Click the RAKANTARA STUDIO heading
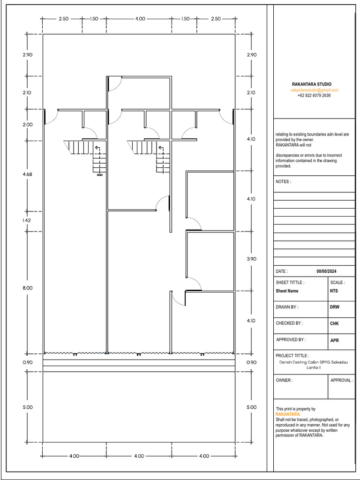(x=314, y=84)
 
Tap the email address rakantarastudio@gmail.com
(x=314, y=90)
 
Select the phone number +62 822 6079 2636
(x=314, y=95)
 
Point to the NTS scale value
(x=335, y=291)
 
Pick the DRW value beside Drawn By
(x=335, y=307)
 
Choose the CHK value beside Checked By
(x=335, y=324)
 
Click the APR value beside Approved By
(x=335, y=340)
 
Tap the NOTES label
(x=283, y=181)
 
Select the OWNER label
(x=284, y=381)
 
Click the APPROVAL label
(x=341, y=381)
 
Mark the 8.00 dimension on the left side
(x=27, y=288)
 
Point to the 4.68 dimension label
(x=27, y=174)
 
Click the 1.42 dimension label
(x=27, y=220)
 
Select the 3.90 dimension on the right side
(x=251, y=259)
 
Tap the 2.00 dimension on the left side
(x=27, y=125)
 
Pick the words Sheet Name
(x=287, y=291)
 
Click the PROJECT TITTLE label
(x=292, y=356)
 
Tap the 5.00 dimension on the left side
(x=27, y=407)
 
